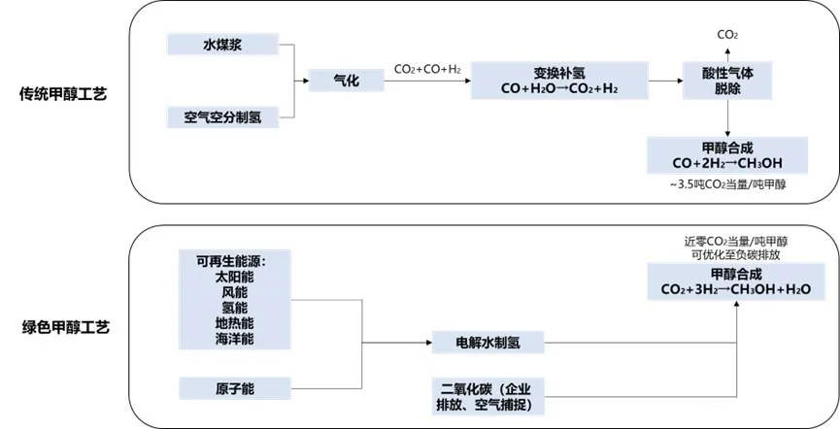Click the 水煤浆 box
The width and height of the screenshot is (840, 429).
[x=222, y=45]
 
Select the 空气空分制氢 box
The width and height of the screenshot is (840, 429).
[x=222, y=117]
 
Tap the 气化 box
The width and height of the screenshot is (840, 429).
[x=346, y=82]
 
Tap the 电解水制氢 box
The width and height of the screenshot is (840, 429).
[x=487, y=342]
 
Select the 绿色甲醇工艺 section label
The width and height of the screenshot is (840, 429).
[x=62, y=327]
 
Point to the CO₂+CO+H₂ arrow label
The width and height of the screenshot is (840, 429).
[x=427, y=68]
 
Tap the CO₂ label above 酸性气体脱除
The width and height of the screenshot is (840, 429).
[x=726, y=35]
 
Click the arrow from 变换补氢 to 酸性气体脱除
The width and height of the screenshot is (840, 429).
[x=664, y=82]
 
